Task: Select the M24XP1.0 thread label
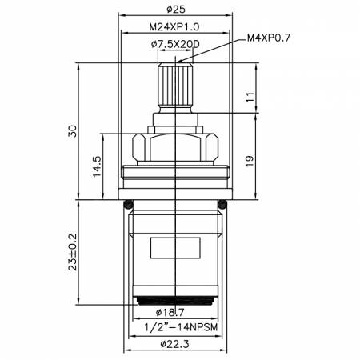[x=175, y=28]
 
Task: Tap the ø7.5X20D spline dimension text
[x=175, y=45]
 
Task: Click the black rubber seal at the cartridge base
[x=174, y=300]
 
